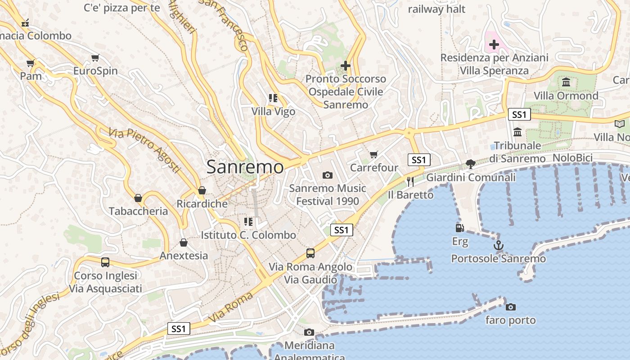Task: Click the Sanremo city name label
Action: click(x=245, y=167)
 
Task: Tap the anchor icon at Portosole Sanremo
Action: click(x=498, y=246)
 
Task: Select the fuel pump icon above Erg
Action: click(x=459, y=229)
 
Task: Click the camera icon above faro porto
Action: click(x=511, y=307)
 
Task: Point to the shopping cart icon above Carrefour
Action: click(x=374, y=155)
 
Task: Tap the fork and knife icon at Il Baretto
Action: click(x=410, y=181)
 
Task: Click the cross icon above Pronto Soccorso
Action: click(x=346, y=66)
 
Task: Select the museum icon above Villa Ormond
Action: click(x=566, y=82)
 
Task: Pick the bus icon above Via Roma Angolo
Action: click(x=310, y=253)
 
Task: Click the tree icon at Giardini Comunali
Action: click(x=471, y=164)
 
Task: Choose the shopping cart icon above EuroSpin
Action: click(x=95, y=58)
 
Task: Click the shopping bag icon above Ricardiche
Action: click(x=202, y=190)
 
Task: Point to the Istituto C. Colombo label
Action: click(x=248, y=235)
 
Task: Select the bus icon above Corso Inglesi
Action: click(x=105, y=262)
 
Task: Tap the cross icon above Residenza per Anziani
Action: click(x=494, y=45)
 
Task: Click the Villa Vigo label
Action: click(x=273, y=111)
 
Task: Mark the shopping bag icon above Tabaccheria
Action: click(x=138, y=198)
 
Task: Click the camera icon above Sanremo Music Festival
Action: click(x=328, y=175)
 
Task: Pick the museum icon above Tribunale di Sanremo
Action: click(x=517, y=132)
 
